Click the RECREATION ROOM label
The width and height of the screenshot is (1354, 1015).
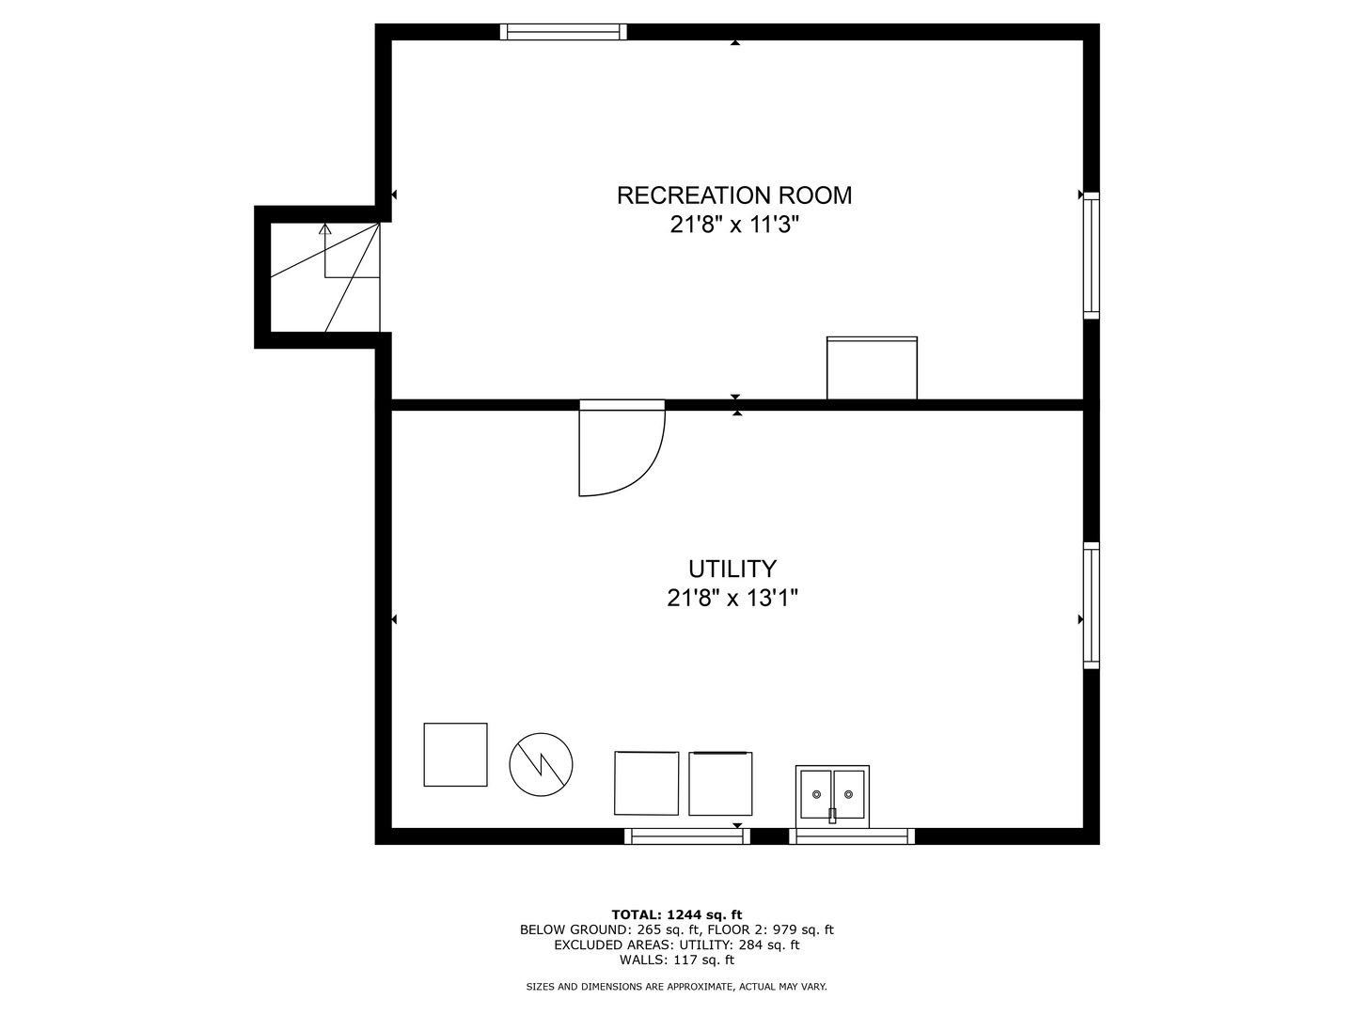click(734, 195)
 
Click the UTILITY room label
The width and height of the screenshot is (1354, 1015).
click(732, 569)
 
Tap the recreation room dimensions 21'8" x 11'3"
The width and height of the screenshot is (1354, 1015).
click(734, 225)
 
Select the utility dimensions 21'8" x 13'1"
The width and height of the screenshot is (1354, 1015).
click(732, 598)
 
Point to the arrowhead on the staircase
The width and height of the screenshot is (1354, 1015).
click(325, 228)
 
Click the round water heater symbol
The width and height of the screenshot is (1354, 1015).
click(541, 764)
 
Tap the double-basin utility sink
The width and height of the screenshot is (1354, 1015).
click(832, 797)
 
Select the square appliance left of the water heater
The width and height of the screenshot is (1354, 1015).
click(455, 755)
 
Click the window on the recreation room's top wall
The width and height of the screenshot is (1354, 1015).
click(563, 31)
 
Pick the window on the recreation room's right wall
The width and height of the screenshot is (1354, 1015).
click(1092, 256)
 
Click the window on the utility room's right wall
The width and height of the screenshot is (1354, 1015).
click(1092, 605)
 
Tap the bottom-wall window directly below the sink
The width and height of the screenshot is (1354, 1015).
click(852, 836)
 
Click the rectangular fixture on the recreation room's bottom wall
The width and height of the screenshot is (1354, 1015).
click(872, 367)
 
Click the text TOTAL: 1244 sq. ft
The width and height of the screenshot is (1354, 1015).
click(677, 914)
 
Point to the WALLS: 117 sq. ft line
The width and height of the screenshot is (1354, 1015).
click(677, 960)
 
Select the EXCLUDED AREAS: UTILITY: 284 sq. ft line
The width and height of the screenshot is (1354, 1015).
click(677, 945)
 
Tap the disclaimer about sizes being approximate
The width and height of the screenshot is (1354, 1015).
click(677, 987)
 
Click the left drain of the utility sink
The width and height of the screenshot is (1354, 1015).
click(816, 794)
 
